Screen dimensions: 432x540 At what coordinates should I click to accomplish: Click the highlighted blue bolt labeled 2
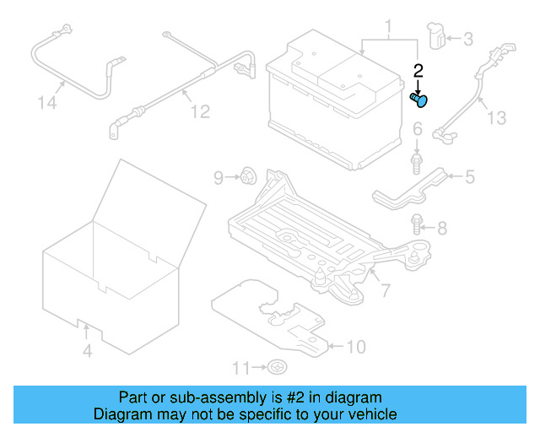click(x=419, y=100)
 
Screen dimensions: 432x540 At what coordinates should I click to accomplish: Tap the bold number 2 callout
click(x=417, y=71)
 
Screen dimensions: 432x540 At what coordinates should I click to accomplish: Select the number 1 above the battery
click(x=388, y=30)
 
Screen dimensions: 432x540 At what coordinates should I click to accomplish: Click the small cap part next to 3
click(x=437, y=36)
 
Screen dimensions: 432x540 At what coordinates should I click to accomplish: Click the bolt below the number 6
click(x=417, y=160)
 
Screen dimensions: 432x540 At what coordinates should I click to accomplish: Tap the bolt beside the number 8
click(x=416, y=224)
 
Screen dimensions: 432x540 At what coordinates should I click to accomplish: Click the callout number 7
click(x=385, y=291)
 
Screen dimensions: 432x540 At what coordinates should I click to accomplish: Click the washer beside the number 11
click(x=278, y=367)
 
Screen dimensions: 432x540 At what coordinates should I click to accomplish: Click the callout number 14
click(x=49, y=103)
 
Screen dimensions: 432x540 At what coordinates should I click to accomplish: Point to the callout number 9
click(x=218, y=177)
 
